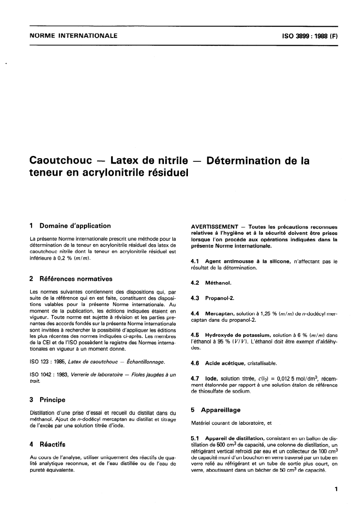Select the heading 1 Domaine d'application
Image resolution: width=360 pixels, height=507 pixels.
pyautogui.click(x=70, y=225)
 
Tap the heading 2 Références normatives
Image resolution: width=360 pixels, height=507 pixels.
pyautogui.click(x=70, y=279)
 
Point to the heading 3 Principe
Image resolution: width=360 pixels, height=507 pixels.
pyautogui.click(x=47, y=399)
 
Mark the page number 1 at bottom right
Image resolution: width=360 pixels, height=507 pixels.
pyautogui.click(x=337, y=488)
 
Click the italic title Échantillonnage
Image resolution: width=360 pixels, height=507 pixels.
pyautogui.click(x=140, y=362)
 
